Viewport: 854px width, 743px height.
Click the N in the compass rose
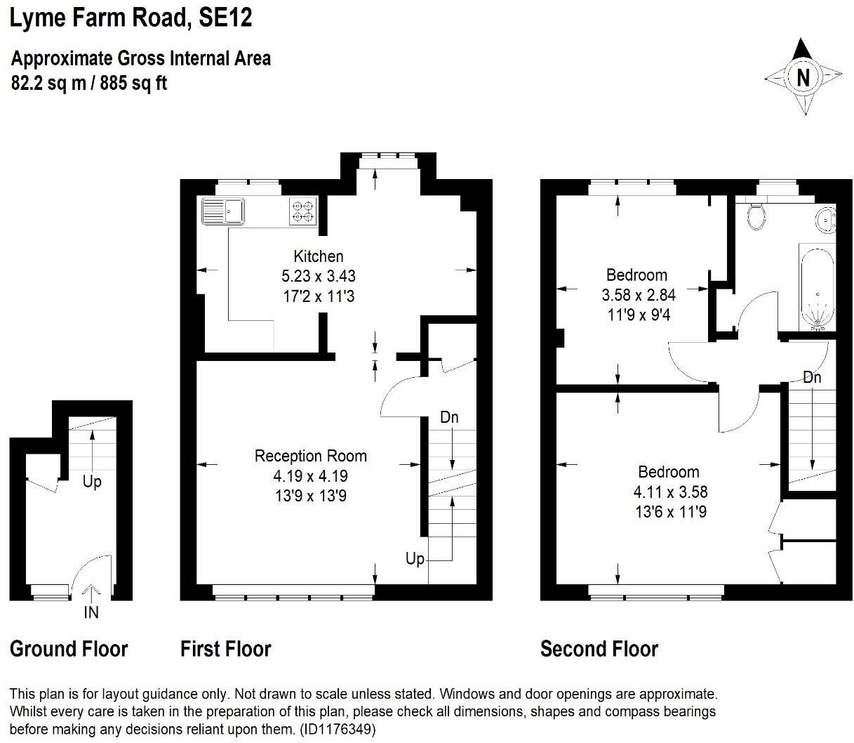point(803,78)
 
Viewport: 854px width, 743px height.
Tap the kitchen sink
point(223,211)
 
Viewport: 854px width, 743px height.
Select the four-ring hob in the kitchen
point(303,211)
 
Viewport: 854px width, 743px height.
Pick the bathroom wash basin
point(826,220)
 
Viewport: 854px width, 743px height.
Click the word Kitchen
point(319,256)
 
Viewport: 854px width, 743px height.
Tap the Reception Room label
point(311,456)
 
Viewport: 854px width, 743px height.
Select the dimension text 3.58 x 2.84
point(638,295)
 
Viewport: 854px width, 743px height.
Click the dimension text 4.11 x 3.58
point(670,492)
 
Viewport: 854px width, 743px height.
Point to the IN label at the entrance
point(91,612)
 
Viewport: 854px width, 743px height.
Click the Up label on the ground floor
point(92,482)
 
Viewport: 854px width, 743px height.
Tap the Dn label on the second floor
point(812,378)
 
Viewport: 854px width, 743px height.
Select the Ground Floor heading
point(69,649)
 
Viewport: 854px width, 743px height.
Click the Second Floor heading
point(599,649)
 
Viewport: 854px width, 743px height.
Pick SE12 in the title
point(225,18)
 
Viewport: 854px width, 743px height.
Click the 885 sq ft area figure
point(133,83)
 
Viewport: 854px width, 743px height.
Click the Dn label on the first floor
point(449,417)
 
